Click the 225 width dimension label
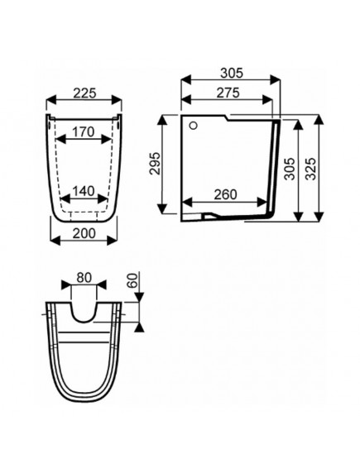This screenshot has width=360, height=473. [x=85, y=93]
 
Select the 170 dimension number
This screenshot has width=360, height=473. [x=84, y=131]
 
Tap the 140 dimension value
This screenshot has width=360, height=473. [x=84, y=191]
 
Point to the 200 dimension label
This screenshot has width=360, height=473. [x=84, y=233]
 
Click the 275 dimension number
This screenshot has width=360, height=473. [x=228, y=93]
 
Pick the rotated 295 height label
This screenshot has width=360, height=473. [x=156, y=163]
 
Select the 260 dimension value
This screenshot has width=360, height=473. [x=226, y=194]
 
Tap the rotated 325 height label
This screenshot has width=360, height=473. [x=310, y=169]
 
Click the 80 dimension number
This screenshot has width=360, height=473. [x=84, y=278]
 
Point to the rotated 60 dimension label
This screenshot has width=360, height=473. [x=132, y=280]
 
